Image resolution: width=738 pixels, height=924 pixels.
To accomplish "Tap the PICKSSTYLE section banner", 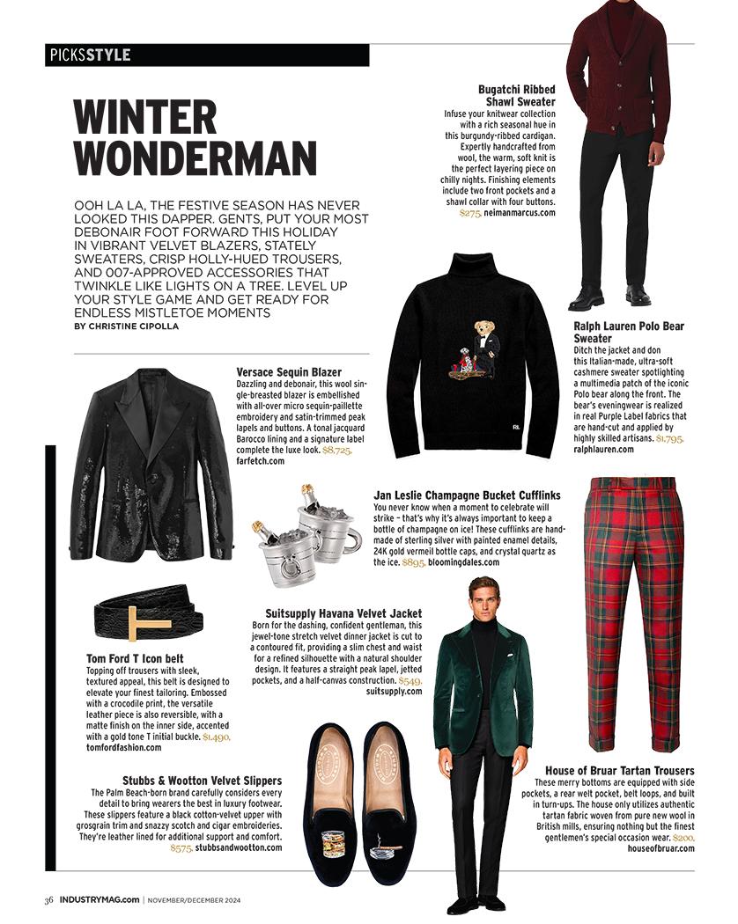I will point(89,55).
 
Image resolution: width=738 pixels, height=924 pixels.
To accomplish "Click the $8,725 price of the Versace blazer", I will point(337,450).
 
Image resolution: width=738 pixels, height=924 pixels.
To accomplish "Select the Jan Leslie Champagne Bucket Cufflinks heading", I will point(467,496).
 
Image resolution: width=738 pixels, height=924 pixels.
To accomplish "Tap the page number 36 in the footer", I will point(49,899).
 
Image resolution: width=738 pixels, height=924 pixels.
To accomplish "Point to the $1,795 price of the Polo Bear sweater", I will point(669,437).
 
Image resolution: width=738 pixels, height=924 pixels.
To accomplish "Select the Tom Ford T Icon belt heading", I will point(148,658).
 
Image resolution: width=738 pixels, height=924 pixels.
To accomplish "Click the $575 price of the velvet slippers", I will point(181,847).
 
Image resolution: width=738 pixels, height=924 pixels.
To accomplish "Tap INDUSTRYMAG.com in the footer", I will point(99,899).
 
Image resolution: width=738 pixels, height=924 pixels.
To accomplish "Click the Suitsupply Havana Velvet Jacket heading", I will point(343,612).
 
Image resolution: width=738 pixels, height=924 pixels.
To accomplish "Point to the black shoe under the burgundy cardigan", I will point(587,298).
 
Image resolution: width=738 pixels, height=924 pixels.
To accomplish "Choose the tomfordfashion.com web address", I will point(124,747).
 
